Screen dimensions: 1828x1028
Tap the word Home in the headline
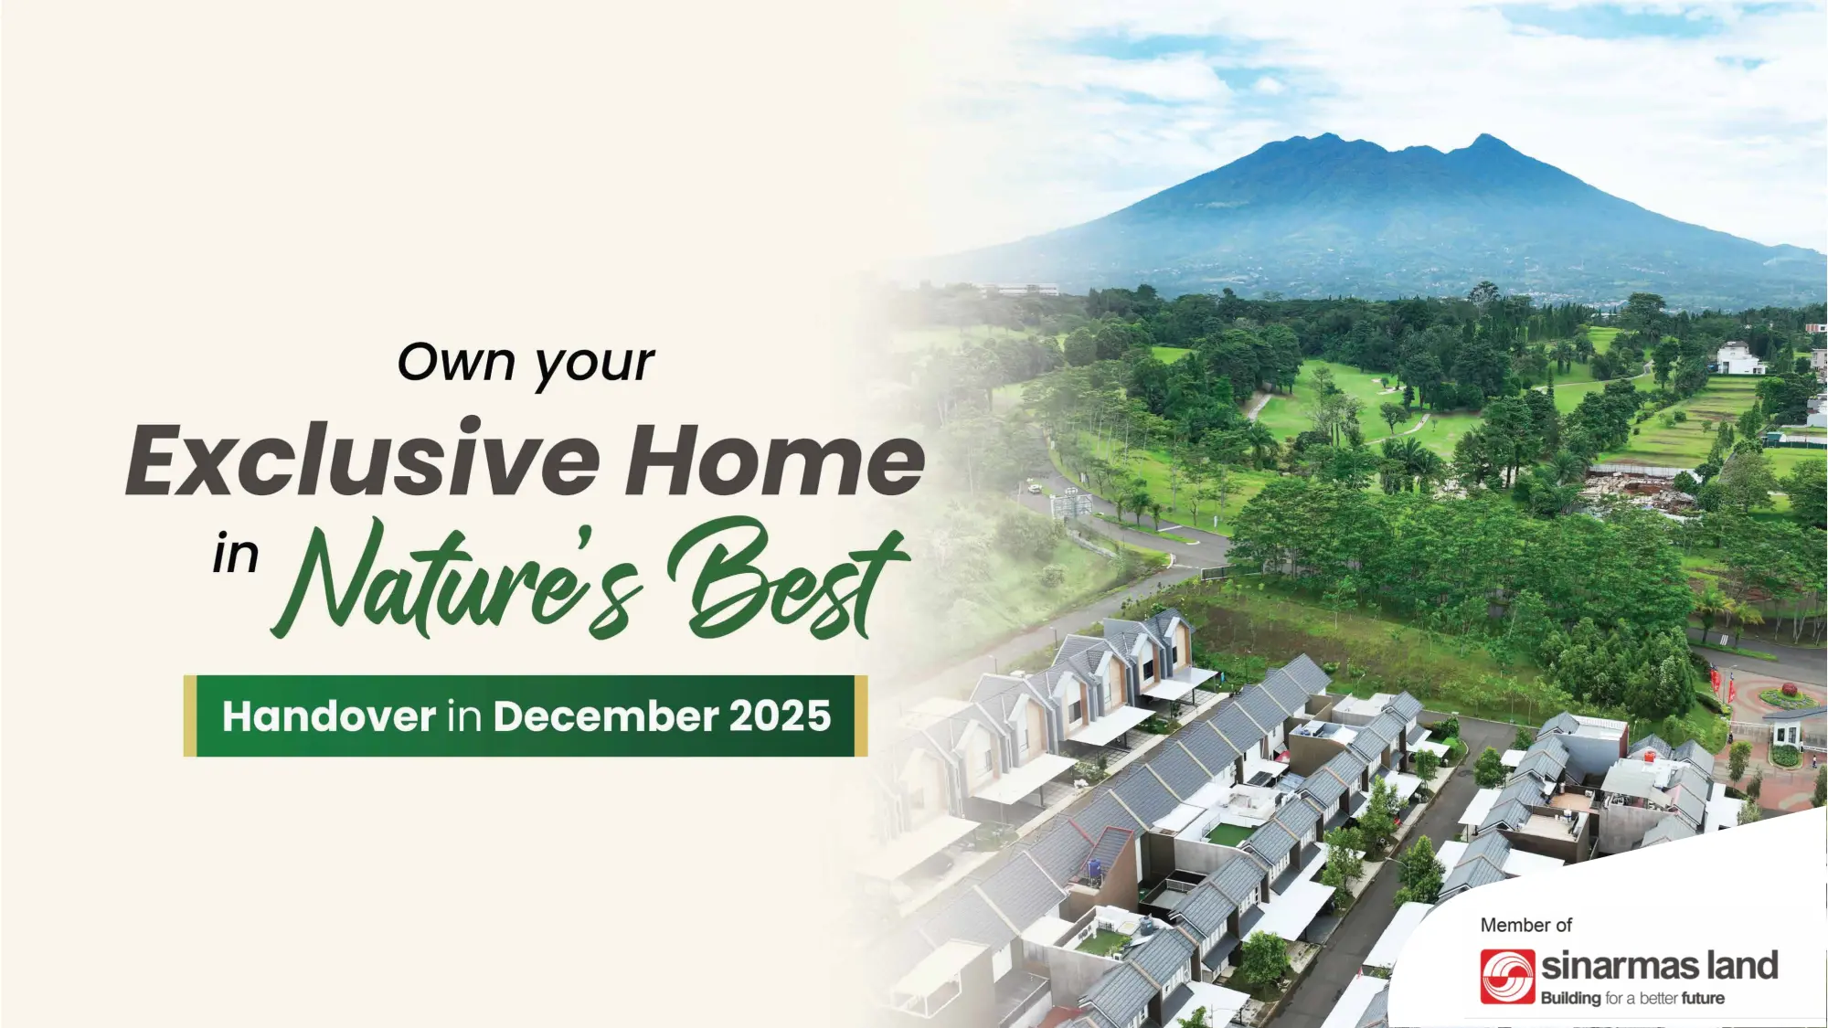coord(775,461)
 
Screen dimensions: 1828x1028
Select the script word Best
coord(788,579)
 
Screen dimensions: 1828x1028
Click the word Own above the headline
coord(457,362)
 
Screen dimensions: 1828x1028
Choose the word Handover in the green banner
coord(329,716)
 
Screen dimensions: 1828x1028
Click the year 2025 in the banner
coord(780,716)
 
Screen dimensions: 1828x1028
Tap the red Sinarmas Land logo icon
coord(1507,976)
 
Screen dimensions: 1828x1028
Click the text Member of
coord(1525,925)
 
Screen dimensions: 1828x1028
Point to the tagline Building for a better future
coord(1632,998)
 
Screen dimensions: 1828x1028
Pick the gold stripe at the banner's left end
coord(189,715)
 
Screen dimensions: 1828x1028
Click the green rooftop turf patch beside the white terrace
coord(1228,832)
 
